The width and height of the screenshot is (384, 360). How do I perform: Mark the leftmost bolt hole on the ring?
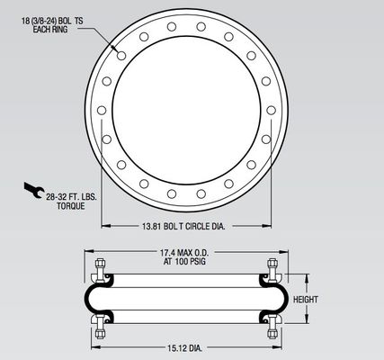pos(101,110)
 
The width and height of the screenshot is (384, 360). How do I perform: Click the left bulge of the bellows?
pos(90,298)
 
